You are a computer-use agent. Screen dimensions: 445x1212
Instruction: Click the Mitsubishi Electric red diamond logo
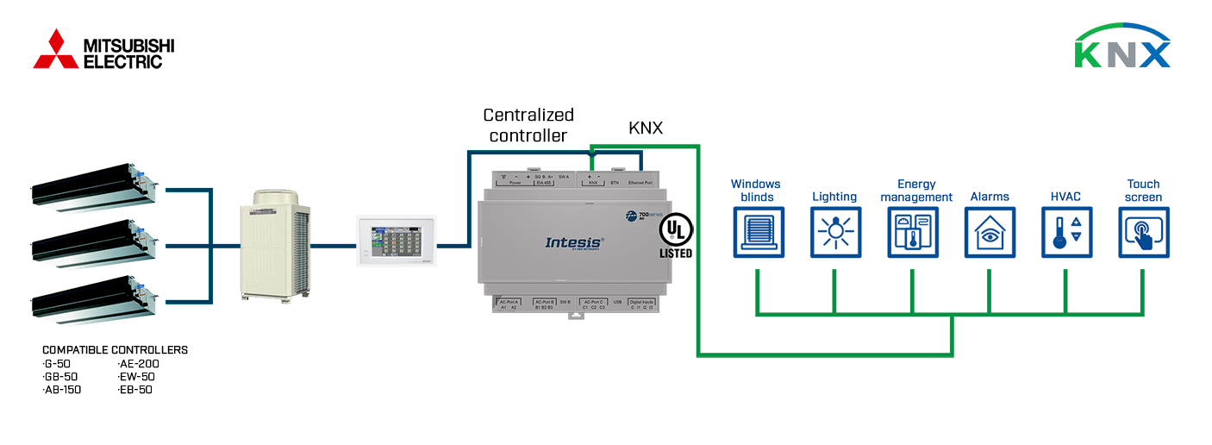(56, 49)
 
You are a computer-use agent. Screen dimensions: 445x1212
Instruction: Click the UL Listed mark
(675, 235)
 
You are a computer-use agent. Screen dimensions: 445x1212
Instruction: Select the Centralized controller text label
(528, 125)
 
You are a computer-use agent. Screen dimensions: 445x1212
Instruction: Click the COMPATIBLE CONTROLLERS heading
(115, 350)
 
